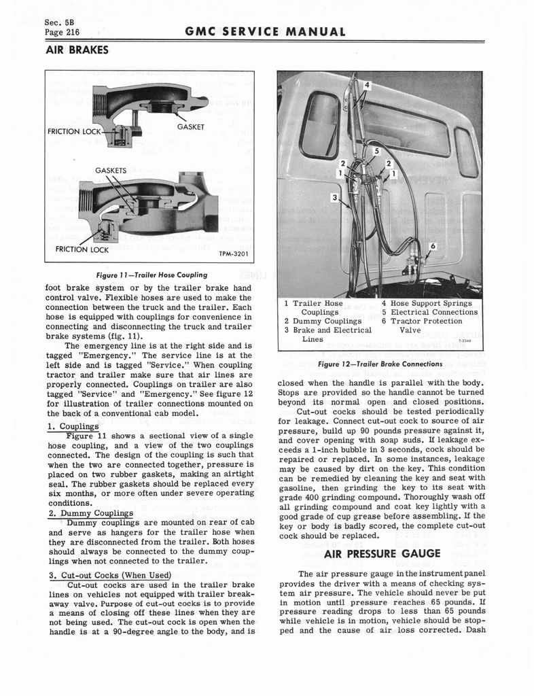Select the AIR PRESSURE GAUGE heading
click(382, 553)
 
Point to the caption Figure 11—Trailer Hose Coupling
click(149, 275)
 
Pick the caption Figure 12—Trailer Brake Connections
click(380, 364)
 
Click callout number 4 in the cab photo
click(368, 86)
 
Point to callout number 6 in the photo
click(433, 246)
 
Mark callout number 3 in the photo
click(334, 197)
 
